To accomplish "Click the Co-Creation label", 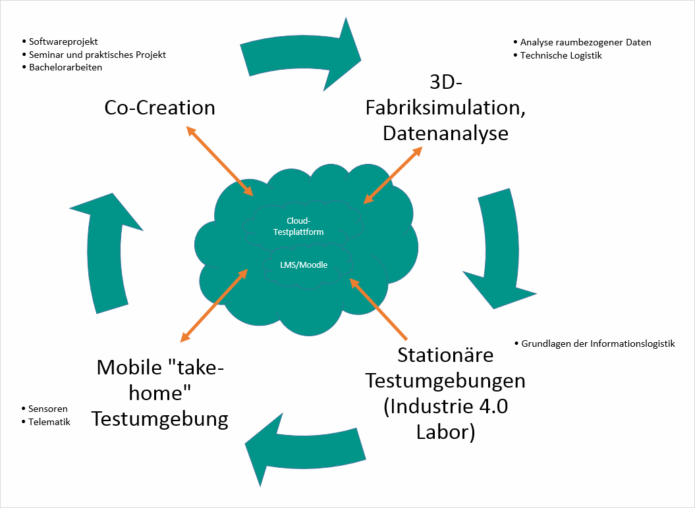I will [159, 107].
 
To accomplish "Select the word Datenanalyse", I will [445, 132].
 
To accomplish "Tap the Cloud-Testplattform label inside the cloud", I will [298, 226].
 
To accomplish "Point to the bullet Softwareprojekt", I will [63, 41].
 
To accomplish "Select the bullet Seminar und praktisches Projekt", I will [97, 55].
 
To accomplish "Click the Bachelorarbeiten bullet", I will [66, 67].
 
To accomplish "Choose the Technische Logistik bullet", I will [561, 55].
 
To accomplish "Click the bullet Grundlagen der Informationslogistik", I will [598, 343].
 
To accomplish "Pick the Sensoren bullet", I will [48, 409].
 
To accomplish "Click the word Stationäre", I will [445, 355].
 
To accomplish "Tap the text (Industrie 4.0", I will [445, 407].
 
